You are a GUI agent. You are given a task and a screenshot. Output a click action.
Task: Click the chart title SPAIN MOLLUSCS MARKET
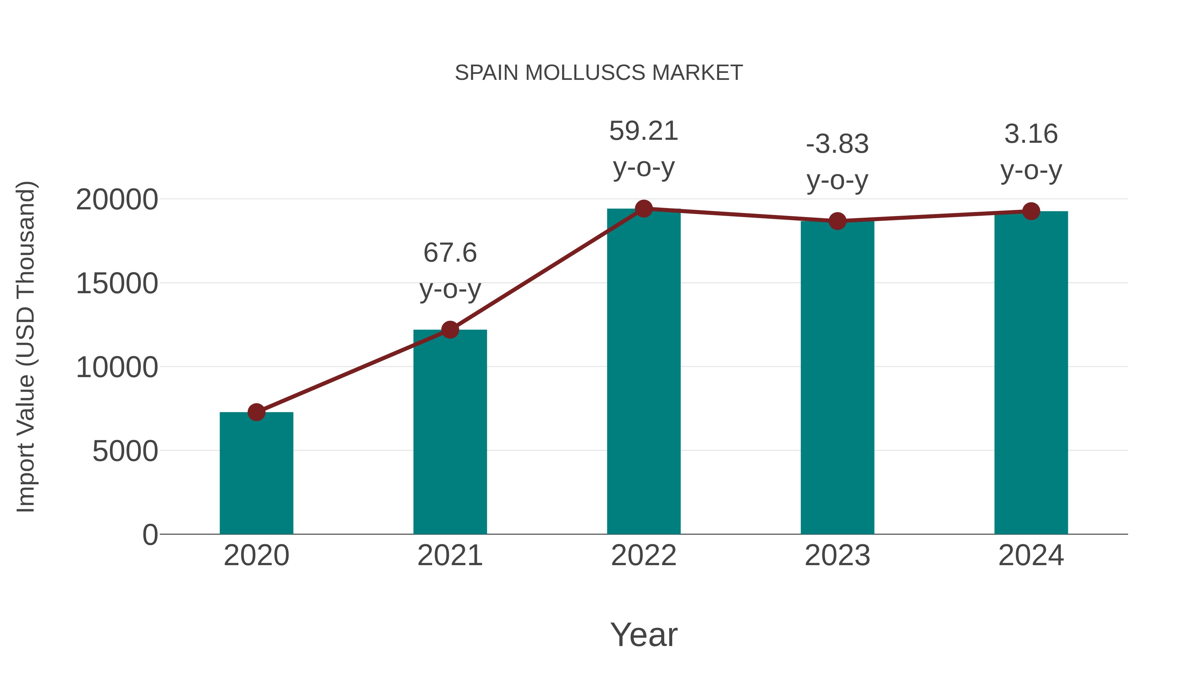click(x=599, y=73)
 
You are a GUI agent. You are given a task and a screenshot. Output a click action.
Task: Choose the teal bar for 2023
click(x=837, y=377)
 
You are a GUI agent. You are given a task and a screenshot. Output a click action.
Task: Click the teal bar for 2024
click(x=1031, y=372)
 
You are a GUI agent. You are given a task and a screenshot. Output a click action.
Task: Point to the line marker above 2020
click(x=256, y=412)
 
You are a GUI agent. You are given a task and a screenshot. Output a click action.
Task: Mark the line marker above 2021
click(x=450, y=330)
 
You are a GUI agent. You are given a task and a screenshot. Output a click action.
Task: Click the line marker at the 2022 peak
click(x=644, y=209)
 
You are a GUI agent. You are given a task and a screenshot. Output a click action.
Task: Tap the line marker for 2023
click(x=837, y=221)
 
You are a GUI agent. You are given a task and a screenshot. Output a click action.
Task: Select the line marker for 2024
click(x=1031, y=211)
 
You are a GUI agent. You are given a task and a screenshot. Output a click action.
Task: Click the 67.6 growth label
click(x=450, y=253)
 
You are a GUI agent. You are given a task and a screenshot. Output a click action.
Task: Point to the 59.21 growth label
click(x=644, y=131)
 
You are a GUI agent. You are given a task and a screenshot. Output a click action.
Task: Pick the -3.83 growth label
click(x=837, y=144)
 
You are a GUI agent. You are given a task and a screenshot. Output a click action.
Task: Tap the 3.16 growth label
click(x=1031, y=134)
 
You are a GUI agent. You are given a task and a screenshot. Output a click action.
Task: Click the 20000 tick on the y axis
click(x=117, y=200)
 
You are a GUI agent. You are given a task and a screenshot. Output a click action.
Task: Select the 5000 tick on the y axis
click(x=125, y=451)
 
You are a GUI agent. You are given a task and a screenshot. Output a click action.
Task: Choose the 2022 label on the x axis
click(x=644, y=556)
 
